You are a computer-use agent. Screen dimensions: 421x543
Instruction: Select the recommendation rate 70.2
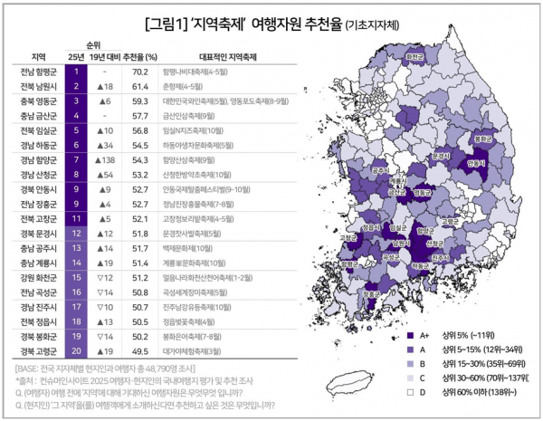click(x=139, y=71)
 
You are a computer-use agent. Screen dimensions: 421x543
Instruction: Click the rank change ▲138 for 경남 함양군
click(x=107, y=158)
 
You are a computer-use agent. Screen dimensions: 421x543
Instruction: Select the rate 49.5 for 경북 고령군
click(x=139, y=349)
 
